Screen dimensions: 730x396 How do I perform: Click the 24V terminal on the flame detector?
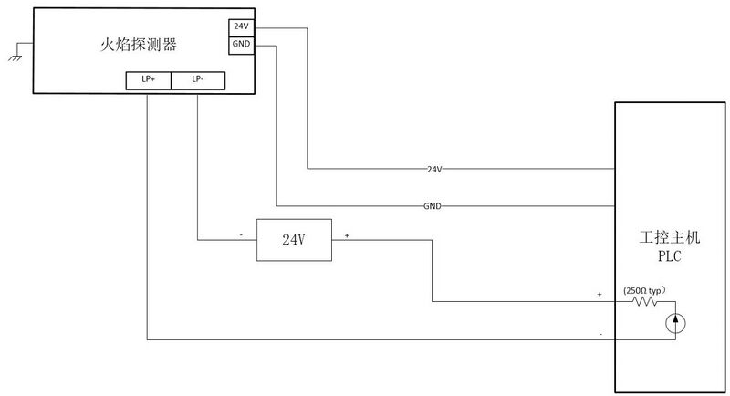pyautogui.click(x=241, y=27)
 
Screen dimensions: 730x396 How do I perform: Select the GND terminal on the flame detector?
pyautogui.click(x=241, y=45)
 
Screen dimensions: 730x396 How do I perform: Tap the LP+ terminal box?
pyautogui.click(x=149, y=80)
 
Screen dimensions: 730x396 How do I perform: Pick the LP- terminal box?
pyautogui.click(x=198, y=80)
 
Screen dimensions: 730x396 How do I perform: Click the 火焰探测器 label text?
pyautogui.click(x=139, y=45)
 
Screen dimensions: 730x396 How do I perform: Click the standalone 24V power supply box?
pyautogui.click(x=294, y=240)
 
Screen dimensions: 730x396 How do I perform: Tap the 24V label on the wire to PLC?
pyautogui.click(x=434, y=169)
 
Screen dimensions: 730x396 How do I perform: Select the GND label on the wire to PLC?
pyautogui.click(x=432, y=205)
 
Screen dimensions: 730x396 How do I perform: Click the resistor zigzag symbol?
pyautogui.click(x=645, y=301)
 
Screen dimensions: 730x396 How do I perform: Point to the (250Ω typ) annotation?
pyautogui.click(x=645, y=291)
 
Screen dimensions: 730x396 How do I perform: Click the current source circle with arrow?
pyautogui.click(x=675, y=323)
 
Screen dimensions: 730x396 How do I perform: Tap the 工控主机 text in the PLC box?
pyautogui.click(x=670, y=237)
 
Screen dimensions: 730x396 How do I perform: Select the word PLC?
pyautogui.click(x=670, y=255)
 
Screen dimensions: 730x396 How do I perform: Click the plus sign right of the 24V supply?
pyautogui.click(x=347, y=236)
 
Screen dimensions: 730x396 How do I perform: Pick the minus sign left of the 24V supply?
pyautogui.click(x=241, y=235)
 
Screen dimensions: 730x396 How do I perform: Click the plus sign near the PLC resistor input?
pyautogui.click(x=600, y=294)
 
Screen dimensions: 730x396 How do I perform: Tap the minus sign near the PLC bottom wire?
pyautogui.click(x=600, y=334)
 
